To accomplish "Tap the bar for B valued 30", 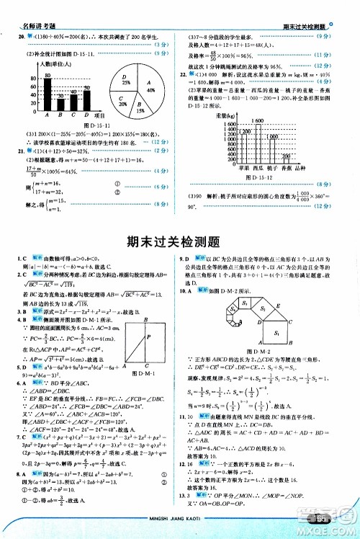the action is point(60,104).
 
